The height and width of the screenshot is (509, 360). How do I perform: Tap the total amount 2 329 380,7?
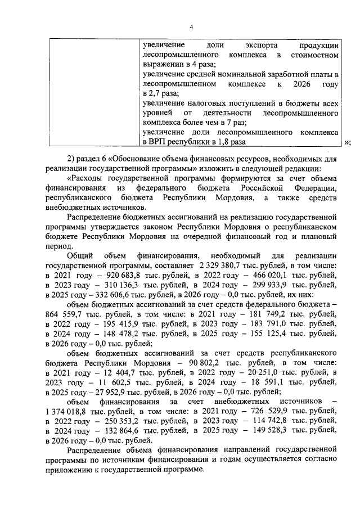222,264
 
